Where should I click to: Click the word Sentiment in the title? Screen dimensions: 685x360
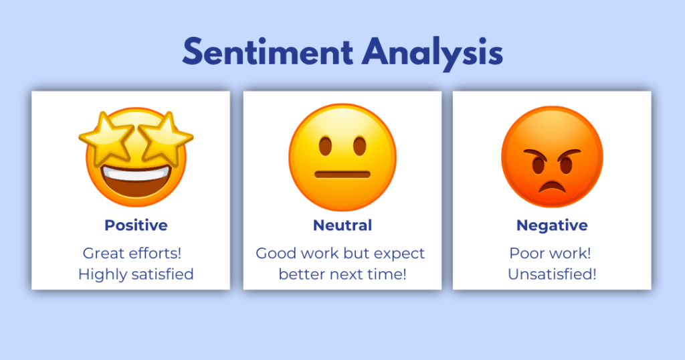pos(268,52)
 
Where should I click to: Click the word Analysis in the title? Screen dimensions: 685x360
pos(433,54)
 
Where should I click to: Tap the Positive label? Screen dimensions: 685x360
pos(136,226)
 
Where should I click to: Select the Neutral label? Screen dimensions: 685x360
pos(342,226)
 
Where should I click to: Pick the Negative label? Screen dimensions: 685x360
pos(552,226)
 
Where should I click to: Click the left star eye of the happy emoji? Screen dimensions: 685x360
pos(106,137)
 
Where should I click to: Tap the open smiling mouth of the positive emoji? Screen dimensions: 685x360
pos(136,181)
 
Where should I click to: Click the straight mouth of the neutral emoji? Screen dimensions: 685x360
pos(342,175)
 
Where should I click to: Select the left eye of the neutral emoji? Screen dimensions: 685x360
pos(326,146)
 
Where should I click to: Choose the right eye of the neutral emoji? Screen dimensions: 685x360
pos(359,146)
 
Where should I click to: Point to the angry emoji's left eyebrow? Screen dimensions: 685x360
pos(535,154)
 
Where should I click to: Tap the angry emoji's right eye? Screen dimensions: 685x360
pos(566,165)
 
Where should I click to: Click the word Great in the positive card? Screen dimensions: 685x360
pos(103,253)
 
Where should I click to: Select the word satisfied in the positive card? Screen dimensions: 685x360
pos(163,274)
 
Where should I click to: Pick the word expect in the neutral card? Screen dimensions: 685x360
pos(399,254)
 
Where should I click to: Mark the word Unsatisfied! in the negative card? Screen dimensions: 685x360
pos(552,274)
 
